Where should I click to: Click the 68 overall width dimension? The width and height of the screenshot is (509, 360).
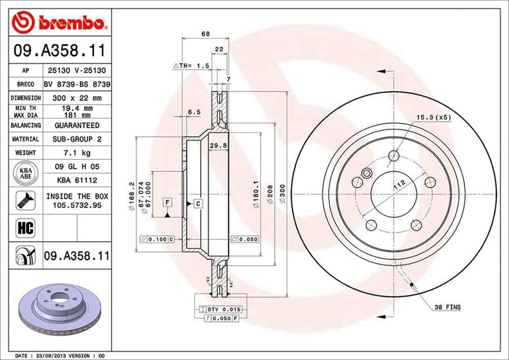pos(205,34)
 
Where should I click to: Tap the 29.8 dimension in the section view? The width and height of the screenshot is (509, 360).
pos(218,146)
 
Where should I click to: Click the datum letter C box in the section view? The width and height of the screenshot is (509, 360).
pos(199,204)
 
